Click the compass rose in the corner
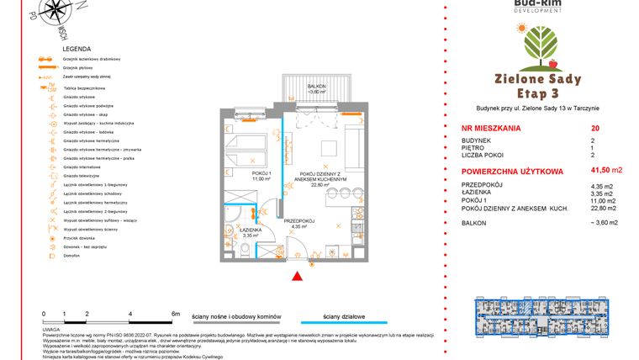click(58, 14)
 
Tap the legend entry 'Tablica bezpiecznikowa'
click(85, 88)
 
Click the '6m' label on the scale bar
click(176, 313)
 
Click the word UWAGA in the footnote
click(52, 331)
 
